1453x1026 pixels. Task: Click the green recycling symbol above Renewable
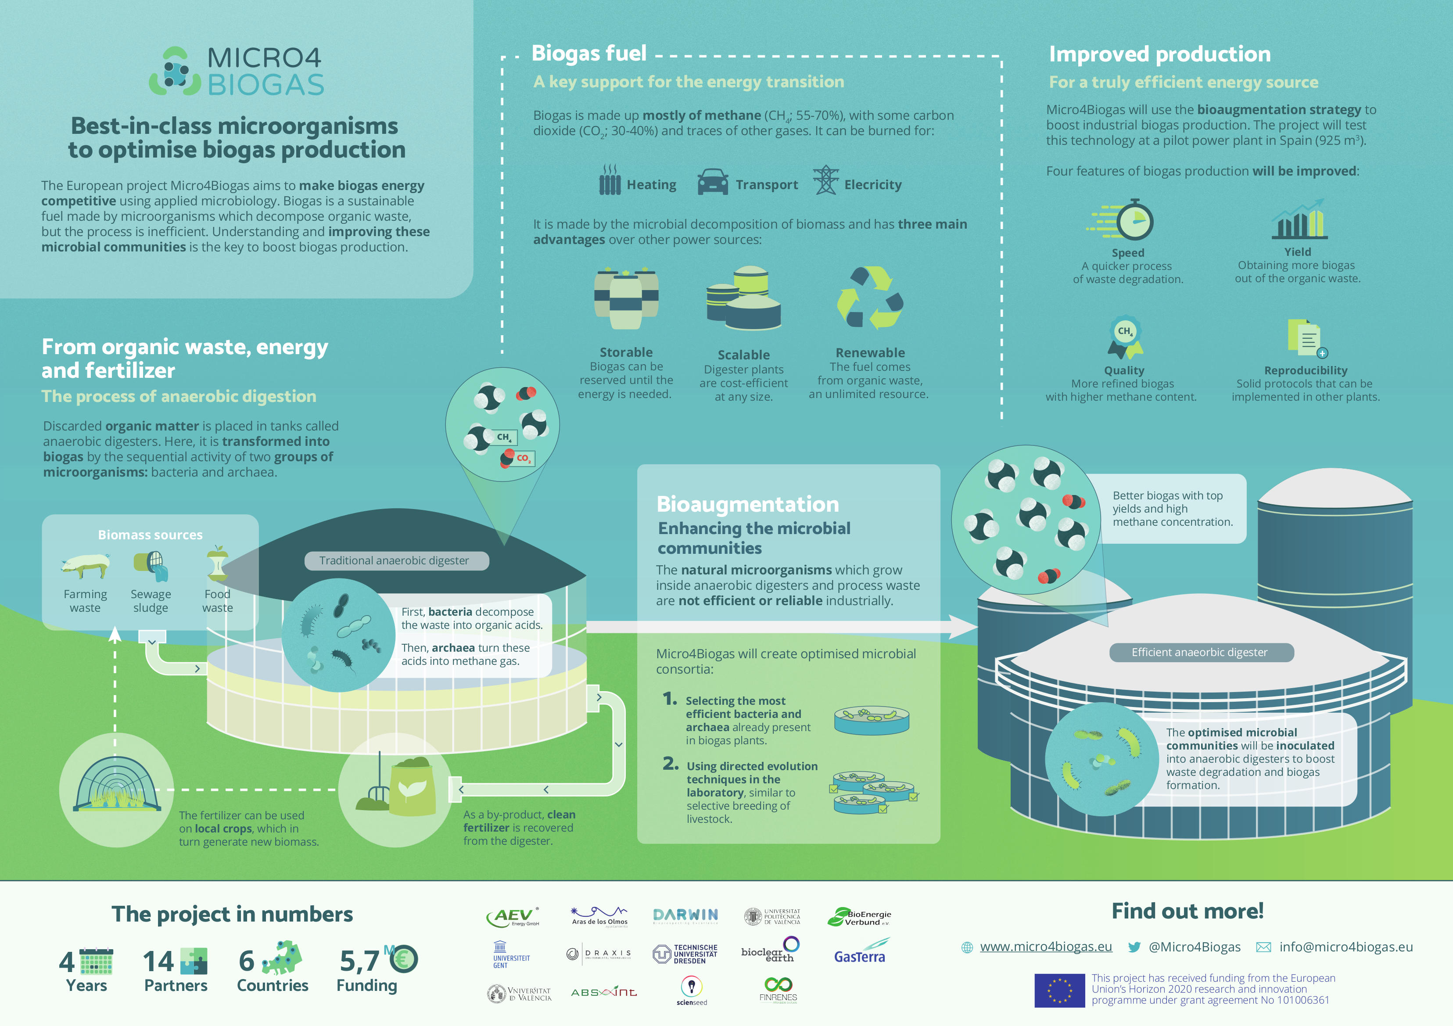pos(870,298)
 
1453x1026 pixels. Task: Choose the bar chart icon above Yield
pos(1299,219)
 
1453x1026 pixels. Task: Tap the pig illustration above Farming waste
pos(86,565)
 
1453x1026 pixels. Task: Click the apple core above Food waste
pos(217,563)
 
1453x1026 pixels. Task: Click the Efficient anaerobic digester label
pos(1201,653)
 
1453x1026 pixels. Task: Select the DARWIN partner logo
pos(685,916)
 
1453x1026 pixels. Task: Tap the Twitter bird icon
pos(1134,947)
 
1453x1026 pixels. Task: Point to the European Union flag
pos(1059,990)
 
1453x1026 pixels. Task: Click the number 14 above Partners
pos(158,961)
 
